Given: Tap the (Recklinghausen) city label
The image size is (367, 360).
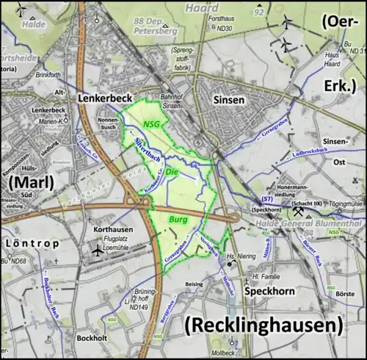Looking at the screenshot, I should [x=264, y=324].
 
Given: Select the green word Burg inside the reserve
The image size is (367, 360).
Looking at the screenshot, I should [x=178, y=220].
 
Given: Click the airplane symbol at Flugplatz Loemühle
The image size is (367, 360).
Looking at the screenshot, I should [x=97, y=251].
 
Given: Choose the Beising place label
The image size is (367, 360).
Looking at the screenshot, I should [x=195, y=284].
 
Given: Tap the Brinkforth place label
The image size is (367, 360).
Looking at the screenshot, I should [x=46, y=75].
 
